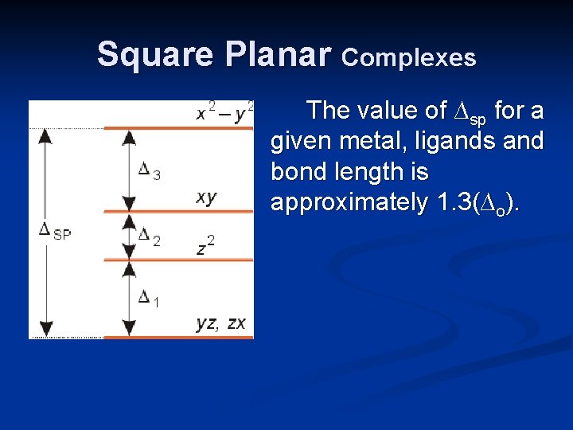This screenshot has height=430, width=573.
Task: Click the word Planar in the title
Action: [277, 55]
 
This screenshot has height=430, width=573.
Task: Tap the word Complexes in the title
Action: [409, 57]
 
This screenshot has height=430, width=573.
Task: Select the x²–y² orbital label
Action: [225, 111]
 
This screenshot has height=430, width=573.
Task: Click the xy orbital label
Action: [206, 197]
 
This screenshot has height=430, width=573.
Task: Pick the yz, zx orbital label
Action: [221, 322]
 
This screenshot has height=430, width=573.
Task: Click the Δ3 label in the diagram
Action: [149, 170]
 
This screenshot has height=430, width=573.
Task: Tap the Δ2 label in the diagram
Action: [149, 236]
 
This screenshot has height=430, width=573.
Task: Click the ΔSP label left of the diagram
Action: [55, 231]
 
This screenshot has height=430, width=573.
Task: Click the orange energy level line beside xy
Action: [179, 211]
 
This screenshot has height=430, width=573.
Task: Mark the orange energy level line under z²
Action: [179, 260]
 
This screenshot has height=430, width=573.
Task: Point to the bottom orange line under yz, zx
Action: [179, 337]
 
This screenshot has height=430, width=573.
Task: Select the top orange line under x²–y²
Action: [179, 127]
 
